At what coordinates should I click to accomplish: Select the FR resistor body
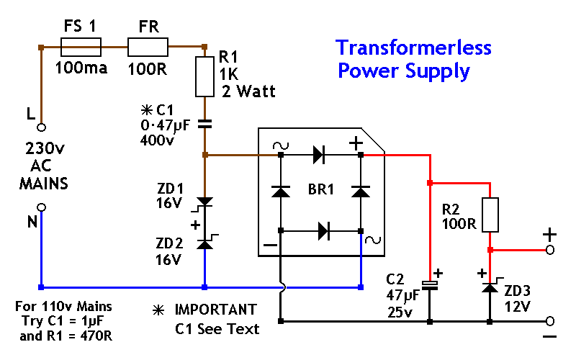pyautogui.click(x=148, y=48)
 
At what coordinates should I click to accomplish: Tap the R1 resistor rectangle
pyautogui.click(x=204, y=77)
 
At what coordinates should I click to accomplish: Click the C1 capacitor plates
pyautogui.click(x=204, y=123)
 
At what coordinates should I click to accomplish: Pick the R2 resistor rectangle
pyautogui.click(x=490, y=215)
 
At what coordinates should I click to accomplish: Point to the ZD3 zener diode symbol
pyautogui.click(x=490, y=287)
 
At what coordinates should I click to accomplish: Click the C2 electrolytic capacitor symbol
pyautogui.click(x=430, y=285)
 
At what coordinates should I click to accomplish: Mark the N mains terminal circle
pyautogui.click(x=42, y=207)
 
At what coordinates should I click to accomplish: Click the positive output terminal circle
pyautogui.click(x=549, y=250)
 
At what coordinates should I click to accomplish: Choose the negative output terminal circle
pyautogui.click(x=549, y=320)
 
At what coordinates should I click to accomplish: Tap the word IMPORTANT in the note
pyautogui.click(x=215, y=310)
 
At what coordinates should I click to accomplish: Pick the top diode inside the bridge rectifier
pyautogui.click(x=318, y=153)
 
